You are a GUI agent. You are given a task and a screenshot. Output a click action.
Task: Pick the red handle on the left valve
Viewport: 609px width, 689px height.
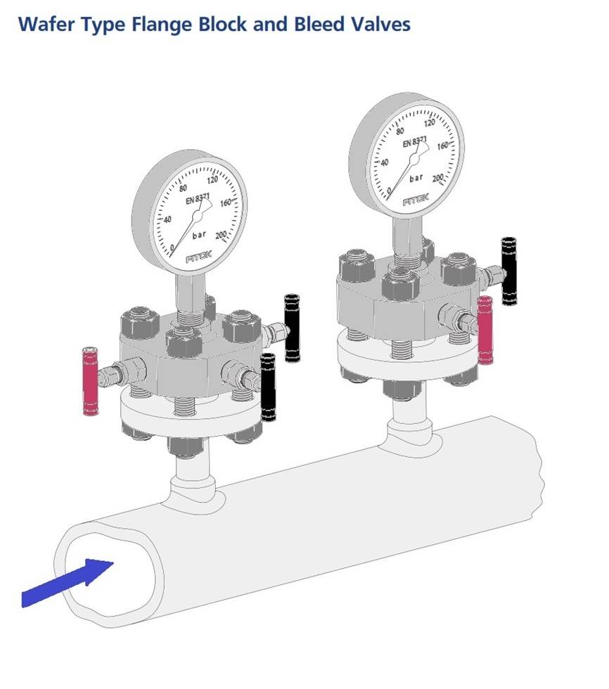(90, 380)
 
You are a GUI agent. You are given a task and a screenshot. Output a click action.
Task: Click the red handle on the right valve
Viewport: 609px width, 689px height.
(485, 330)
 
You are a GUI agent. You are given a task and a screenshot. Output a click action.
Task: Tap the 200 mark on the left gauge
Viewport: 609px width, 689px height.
(220, 235)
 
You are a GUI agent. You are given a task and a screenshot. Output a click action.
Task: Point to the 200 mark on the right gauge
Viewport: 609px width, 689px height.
(437, 178)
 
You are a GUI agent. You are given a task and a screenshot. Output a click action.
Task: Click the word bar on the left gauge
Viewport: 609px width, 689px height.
(200, 235)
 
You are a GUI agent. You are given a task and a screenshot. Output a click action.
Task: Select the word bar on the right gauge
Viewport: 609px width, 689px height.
(416, 178)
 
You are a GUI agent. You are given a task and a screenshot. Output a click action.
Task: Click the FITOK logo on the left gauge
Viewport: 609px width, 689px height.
(198, 259)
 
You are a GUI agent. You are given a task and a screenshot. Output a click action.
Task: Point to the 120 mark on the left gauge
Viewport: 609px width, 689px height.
(211, 178)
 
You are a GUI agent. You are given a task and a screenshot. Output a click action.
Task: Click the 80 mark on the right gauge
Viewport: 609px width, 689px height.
(400, 131)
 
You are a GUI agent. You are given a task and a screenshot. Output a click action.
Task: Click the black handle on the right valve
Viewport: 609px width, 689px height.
(508, 271)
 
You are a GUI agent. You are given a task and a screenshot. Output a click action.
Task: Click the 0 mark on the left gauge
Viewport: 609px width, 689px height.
(172, 247)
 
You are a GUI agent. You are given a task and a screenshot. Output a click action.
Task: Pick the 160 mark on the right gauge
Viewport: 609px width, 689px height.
(442, 146)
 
